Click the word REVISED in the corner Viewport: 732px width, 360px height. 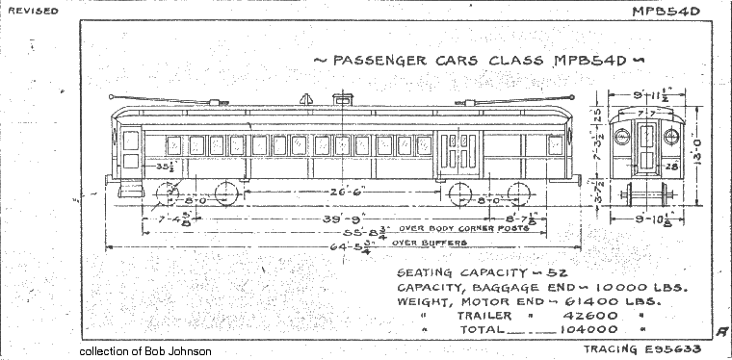(33, 11)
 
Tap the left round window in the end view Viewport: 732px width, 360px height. (622, 137)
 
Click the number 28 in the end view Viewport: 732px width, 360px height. (672, 167)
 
